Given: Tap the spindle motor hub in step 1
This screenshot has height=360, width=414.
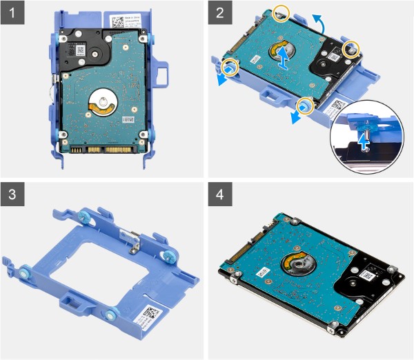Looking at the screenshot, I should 102,101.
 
